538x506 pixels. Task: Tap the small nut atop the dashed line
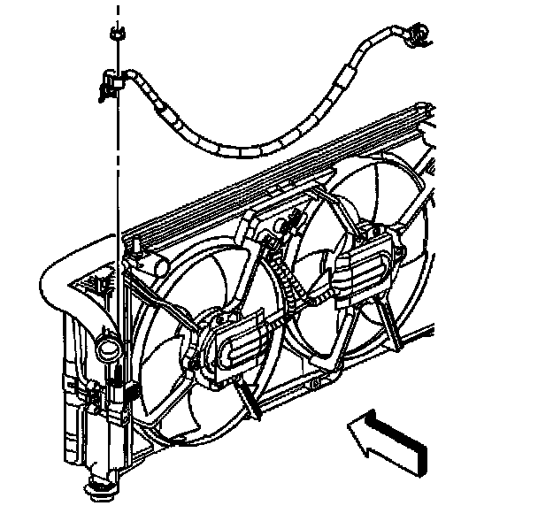pos(115,35)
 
